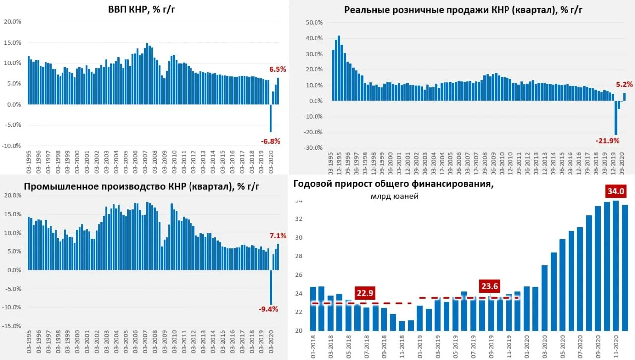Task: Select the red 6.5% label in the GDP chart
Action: (278, 69)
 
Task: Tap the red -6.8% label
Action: (271, 141)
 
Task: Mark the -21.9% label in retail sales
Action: (608, 141)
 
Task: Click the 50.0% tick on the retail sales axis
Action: (315, 22)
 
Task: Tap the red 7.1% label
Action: (278, 236)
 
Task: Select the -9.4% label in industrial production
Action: (268, 309)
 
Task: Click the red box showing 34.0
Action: (615, 191)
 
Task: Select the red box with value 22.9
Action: (365, 293)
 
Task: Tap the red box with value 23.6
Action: (489, 286)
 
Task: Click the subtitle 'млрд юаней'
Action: (394, 196)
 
